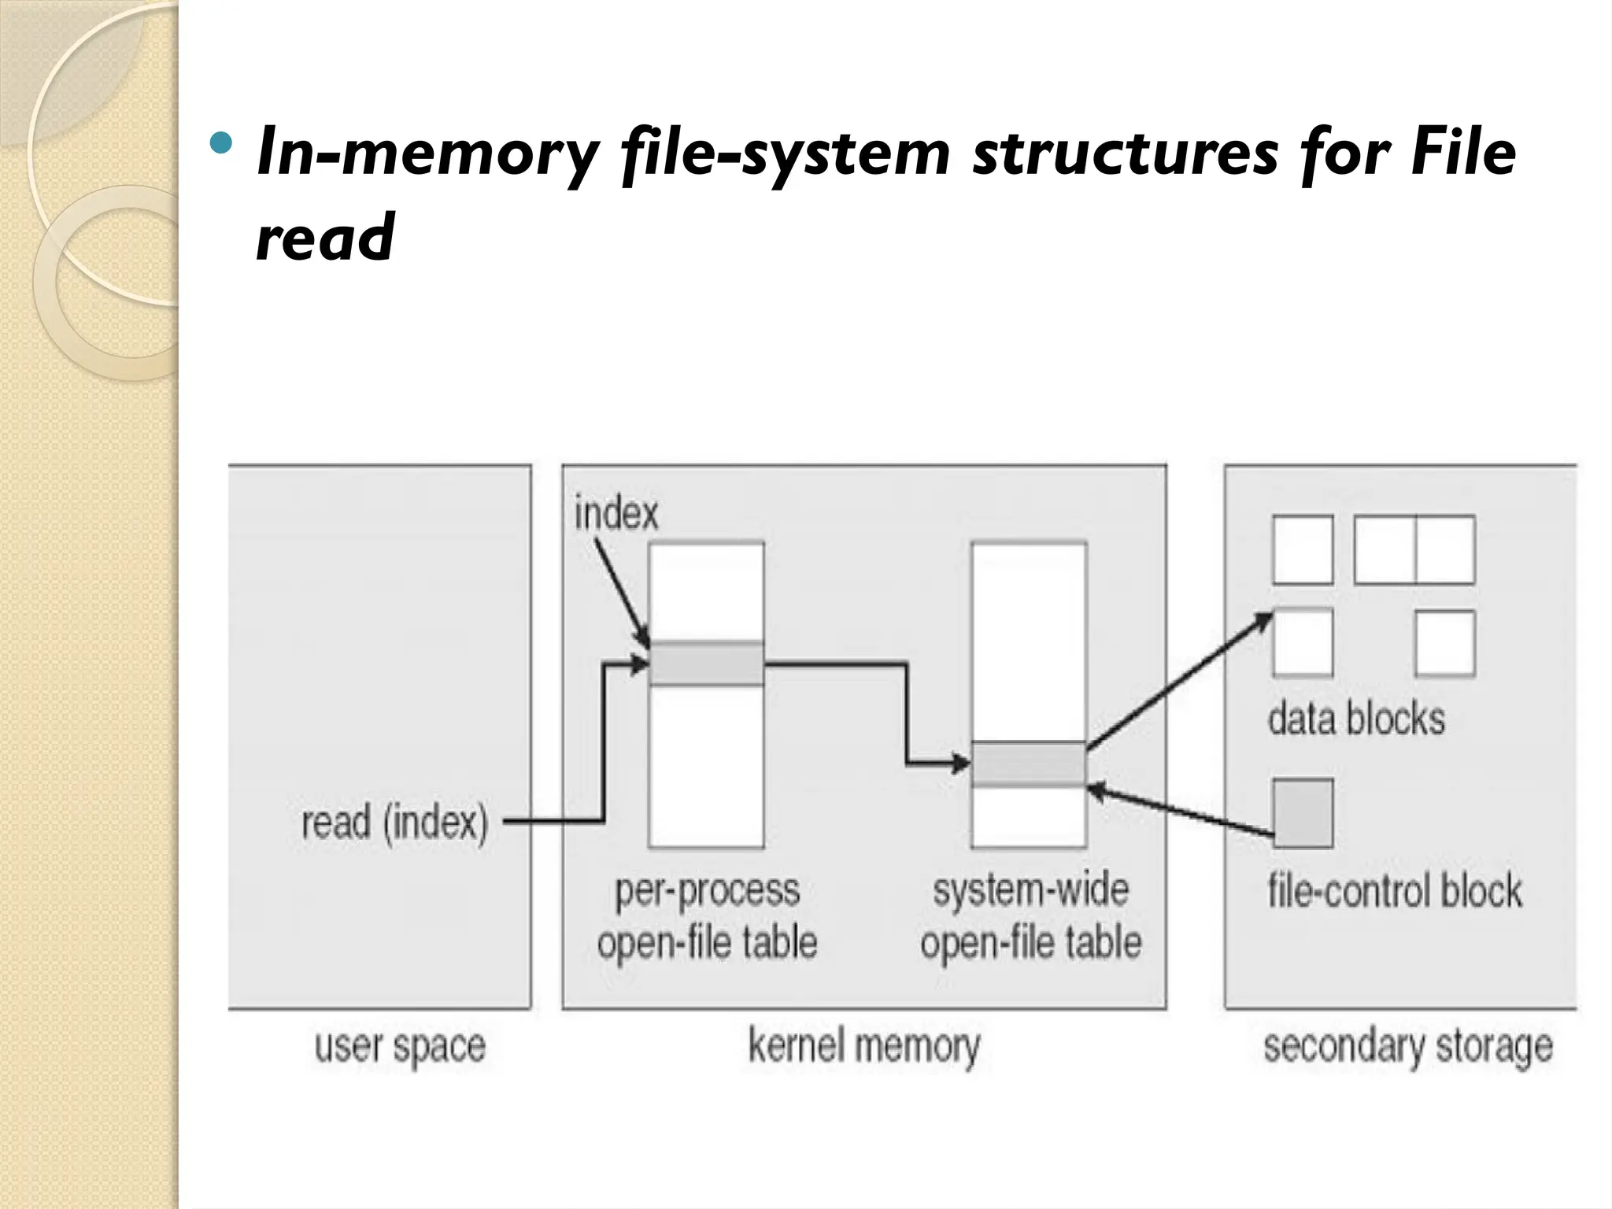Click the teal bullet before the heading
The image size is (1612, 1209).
223,144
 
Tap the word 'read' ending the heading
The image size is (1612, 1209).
325,236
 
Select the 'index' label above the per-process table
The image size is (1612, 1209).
616,513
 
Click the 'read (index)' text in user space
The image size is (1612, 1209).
394,823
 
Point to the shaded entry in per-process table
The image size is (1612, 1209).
706,664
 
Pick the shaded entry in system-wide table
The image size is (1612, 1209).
1028,763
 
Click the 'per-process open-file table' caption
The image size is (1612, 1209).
707,916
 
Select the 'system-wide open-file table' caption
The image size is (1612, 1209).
1030,916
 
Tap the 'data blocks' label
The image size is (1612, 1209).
1356,719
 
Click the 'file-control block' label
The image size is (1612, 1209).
1394,891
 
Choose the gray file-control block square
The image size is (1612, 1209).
1303,813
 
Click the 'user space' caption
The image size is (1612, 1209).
400,1047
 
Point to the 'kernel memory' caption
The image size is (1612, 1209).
863,1047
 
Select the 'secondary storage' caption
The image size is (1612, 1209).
1408,1047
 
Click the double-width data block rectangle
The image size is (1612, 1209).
1414,549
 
